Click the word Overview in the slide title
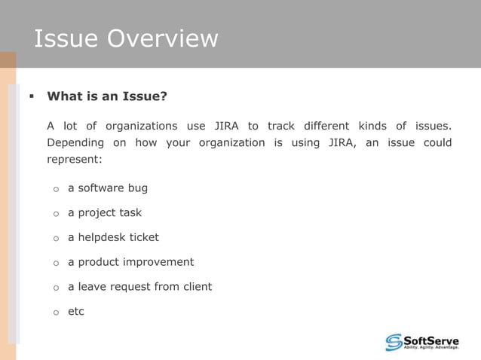(163, 38)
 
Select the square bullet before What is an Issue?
(31, 96)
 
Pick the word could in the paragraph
(437, 143)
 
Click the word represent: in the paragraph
(74, 160)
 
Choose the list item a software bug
(108, 188)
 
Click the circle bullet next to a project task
(56, 213)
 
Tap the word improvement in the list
(158, 262)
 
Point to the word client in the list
(196, 286)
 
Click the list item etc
(76, 311)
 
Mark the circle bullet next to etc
(56, 312)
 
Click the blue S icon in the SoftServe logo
(394, 342)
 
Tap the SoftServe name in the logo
(431, 339)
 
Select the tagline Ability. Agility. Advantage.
(431, 348)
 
